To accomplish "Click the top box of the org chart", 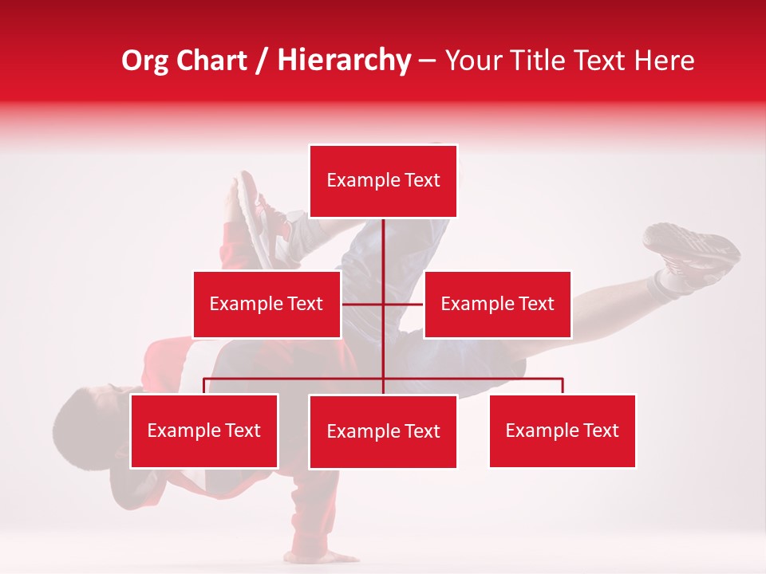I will pos(383,181).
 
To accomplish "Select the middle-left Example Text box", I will pos(267,304).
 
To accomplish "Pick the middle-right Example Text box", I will pos(497,304).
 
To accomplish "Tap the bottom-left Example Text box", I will pos(204,431).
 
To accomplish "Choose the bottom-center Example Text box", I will pos(383,431).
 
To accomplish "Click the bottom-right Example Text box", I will pos(563,431).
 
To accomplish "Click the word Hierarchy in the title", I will pos(344,61).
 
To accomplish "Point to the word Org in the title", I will pos(146,61).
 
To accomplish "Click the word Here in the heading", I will pos(663,61).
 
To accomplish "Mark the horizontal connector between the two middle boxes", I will pos(382,304).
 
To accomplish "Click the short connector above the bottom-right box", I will pos(563,386).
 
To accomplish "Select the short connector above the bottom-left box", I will pos(204,386).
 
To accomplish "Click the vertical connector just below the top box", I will pos(383,239).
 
